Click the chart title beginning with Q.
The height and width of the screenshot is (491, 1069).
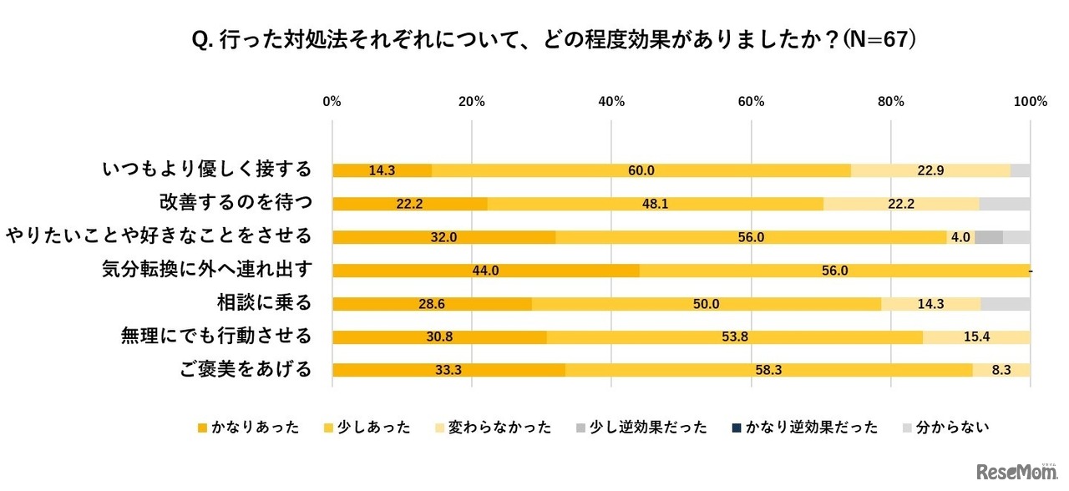[534, 39]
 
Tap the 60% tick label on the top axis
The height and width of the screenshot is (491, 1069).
[752, 102]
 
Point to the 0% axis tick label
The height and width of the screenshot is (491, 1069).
[332, 102]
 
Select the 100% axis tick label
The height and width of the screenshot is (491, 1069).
[1030, 102]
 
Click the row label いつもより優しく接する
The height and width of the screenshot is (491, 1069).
[206, 170]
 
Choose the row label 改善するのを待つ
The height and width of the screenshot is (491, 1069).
[235, 202]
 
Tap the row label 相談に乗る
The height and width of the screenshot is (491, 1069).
[264, 302]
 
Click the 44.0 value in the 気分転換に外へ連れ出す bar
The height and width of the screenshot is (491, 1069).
[485, 271]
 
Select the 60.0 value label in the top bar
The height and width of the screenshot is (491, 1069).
[641, 170]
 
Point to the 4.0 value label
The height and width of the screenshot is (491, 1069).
[960, 237]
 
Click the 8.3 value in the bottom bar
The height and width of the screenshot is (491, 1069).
[1001, 371]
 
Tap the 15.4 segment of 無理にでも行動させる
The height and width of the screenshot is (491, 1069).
[976, 337]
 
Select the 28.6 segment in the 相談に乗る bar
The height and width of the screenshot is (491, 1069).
[432, 304]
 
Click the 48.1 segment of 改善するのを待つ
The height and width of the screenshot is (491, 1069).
[656, 204]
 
